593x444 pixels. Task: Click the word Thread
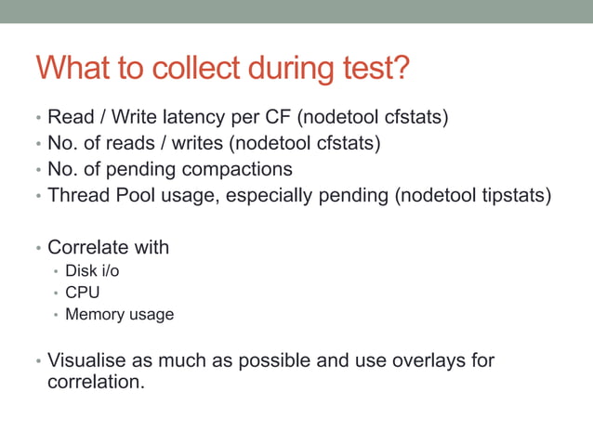(76, 196)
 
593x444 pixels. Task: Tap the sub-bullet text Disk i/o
(92, 271)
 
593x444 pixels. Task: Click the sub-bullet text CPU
(82, 293)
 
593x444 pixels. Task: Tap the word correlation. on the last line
(96, 381)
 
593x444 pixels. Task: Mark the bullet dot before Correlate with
(38, 249)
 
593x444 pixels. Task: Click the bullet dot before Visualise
(38, 360)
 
